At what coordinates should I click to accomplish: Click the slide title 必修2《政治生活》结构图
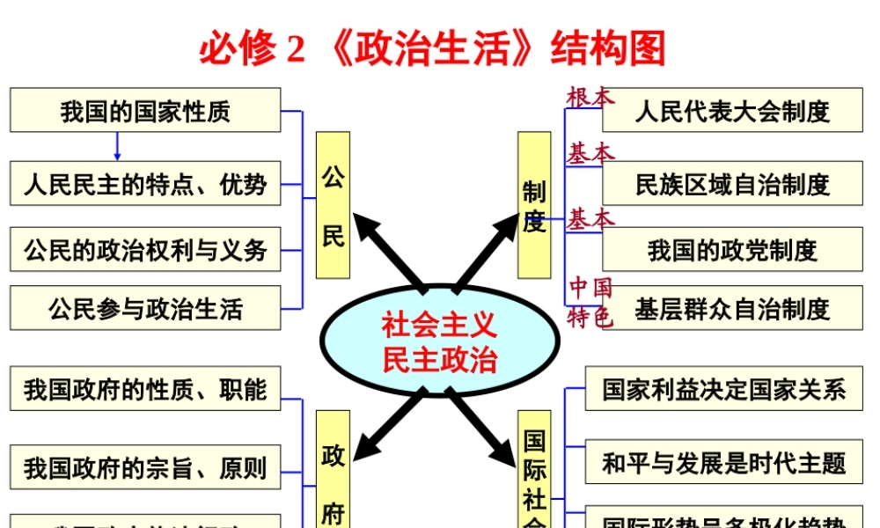coord(432,48)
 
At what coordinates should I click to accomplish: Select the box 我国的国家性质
coord(145,111)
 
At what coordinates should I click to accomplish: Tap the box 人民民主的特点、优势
coord(145,184)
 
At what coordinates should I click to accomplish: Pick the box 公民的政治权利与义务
coord(145,250)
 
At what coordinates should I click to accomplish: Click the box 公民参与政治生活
coord(145,309)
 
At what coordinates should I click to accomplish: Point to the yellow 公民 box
coord(333,205)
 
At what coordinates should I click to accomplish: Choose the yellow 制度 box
coord(534,205)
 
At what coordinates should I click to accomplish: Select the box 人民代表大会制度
coord(732,111)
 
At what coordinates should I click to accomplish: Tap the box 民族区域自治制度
coord(732,184)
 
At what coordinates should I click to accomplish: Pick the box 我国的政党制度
coord(732,250)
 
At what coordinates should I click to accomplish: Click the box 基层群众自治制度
coord(732,309)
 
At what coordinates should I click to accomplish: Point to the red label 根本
coord(590,97)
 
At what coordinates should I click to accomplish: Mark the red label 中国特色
coord(590,303)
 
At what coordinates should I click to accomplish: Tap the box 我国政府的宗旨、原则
coord(145,467)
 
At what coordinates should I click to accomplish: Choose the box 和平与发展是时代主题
coord(723,463)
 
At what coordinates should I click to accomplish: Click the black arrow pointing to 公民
coord(387,251)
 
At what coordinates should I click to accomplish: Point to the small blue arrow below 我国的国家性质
coord(117,147)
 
